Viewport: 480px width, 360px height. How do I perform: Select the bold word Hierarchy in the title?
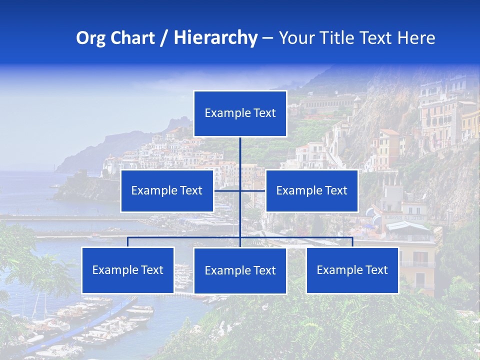pyautogui.click(x=215, y=38)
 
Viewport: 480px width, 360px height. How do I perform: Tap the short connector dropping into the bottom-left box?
pyautogui.click(x=128, y=242)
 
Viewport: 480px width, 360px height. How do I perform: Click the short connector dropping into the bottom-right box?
pyautogui.click(x=352, y=242)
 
